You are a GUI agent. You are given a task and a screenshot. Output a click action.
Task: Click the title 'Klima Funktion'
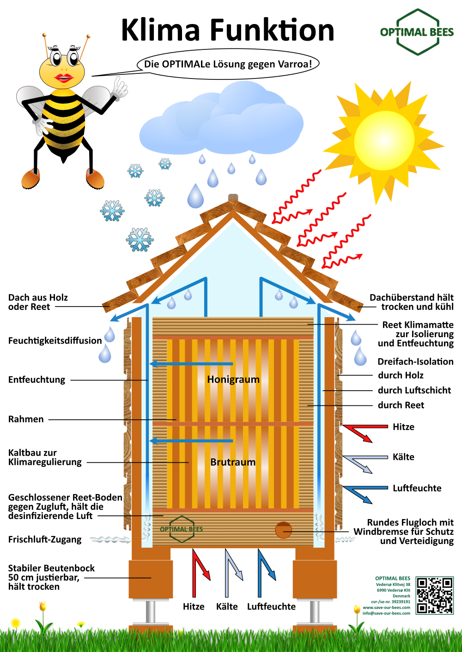click(x=228, y=30)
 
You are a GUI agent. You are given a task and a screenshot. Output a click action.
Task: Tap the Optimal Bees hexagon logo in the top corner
click(x=417, y=32)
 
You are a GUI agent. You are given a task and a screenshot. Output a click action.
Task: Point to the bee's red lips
click(x=64, y=78)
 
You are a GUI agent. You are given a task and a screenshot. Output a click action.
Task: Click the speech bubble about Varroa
click(x=228, y=64)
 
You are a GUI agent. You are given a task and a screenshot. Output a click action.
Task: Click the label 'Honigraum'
click(x=233, y=379)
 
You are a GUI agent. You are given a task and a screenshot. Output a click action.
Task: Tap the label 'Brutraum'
click(x=233, y=462)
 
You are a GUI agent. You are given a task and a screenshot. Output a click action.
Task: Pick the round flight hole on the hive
click(x=283, y=530)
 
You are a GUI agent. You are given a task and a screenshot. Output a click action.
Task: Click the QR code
click(x=435, y=595)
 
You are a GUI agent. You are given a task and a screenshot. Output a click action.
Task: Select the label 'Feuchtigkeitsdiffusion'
click(x=55, y=341)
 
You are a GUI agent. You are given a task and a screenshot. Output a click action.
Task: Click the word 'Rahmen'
click(x=26, y=419)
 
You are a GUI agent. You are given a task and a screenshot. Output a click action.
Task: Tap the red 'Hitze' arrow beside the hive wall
click(x=365, y=433)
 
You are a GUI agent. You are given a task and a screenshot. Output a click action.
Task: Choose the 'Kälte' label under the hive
click(x=227, y=606)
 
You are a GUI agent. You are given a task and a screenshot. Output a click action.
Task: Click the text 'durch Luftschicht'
click(x=414, y=390)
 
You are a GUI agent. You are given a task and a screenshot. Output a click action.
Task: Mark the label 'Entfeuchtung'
click(x=36, y=380)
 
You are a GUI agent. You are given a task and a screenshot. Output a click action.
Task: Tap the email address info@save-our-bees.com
click(x=386, y=613)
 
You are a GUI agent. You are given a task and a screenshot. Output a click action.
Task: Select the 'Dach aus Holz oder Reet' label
click(x=38, y=302)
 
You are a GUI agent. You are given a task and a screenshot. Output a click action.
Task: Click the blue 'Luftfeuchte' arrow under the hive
click(x=266, y=574)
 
